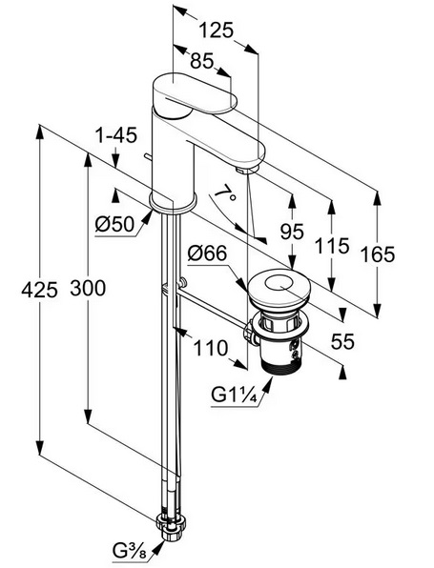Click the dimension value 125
[216, 30]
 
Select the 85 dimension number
[202, 60]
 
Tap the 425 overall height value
[39, 290]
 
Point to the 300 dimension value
[88, 288]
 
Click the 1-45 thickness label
[115, 135]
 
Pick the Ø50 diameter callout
[114, 224]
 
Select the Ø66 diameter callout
[207, 253]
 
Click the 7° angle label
[225, 192]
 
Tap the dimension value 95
[292, 232]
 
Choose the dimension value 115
[332, 245]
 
